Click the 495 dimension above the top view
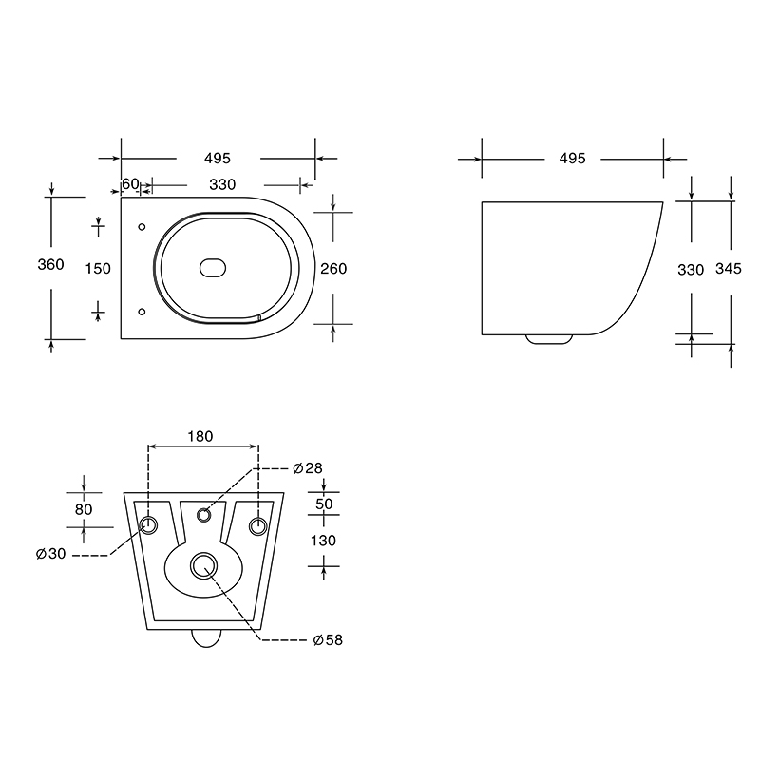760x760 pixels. [218, 159]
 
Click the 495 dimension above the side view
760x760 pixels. [573, 159]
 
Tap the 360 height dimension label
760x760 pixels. [51, 265]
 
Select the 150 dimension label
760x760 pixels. [98, 269]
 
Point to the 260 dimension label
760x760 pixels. [333, 269]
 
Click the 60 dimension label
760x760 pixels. [130, 184]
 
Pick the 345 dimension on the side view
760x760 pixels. [729, 269]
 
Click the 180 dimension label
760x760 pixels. [200, 437]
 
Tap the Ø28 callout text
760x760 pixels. [308, 468]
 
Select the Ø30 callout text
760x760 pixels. [51, 554]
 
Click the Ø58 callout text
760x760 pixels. [328, 640]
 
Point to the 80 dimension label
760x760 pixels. [84, 509]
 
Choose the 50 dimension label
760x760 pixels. [324, 504]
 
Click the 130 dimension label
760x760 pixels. [323, 541]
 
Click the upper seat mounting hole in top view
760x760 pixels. [142, 227]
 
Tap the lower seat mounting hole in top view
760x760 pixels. [142, 312]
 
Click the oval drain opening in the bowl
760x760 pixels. [213, 268]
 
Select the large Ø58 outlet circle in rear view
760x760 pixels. [203, 565]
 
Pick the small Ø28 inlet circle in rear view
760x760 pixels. [203, 515]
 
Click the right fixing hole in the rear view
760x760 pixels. [257, 526]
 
